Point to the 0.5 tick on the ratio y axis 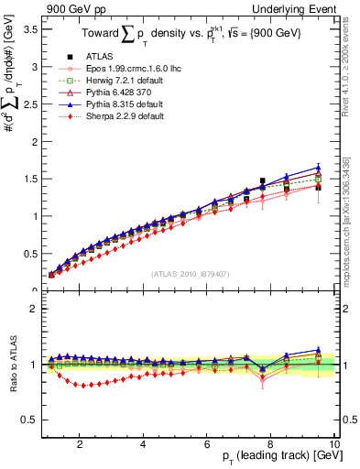pos(30,420)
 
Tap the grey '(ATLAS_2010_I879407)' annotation pos(190,272)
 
